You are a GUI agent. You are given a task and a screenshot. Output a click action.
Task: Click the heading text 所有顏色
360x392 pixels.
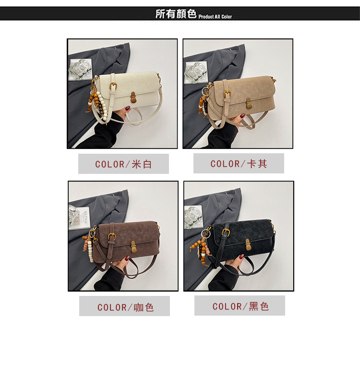tap(176, 13)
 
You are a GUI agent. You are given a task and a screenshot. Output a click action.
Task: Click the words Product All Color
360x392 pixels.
tap(215, 17)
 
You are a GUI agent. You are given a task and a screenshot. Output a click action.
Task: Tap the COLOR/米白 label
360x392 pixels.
tap(123, 164)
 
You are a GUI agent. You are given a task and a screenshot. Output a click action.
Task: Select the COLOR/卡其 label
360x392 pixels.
tap(239, 163)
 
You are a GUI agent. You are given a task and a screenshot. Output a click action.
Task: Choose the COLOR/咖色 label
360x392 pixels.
tap(125, 307)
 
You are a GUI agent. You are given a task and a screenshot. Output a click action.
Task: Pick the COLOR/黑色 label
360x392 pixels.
tap(240, 306)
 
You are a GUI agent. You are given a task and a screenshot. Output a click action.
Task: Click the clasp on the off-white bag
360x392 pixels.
tap(133, 97)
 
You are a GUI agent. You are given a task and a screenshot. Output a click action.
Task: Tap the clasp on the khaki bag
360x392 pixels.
tap(248, 103)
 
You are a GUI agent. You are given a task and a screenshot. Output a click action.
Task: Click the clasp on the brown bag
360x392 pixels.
tap(133, 247)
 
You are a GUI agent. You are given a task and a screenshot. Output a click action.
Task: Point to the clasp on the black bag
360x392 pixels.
tap(248, 244)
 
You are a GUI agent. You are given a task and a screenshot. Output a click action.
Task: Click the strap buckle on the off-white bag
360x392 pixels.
tap(113, 86)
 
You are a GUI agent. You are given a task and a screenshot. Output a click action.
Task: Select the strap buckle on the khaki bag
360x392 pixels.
tap(228, 94)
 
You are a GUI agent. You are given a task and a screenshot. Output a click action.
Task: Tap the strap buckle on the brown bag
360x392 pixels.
tap(112, 237)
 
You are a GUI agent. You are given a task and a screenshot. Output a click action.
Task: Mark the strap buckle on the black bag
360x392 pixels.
tap(226, 233)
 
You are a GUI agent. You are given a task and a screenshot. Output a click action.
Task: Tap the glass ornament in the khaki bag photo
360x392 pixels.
tap(196, 72)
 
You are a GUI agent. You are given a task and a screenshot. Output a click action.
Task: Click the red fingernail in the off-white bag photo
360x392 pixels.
tap(128, 108)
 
